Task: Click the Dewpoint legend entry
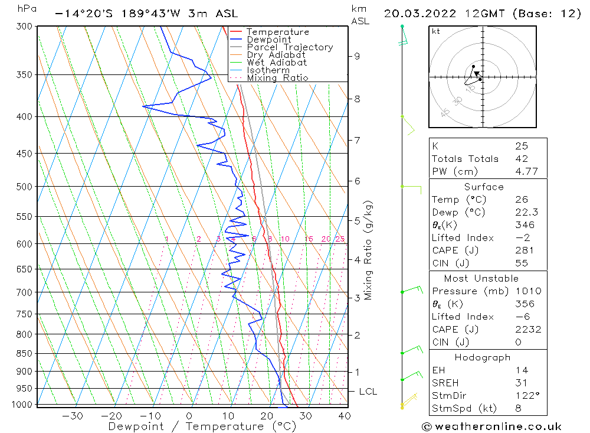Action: [x=268, y=40]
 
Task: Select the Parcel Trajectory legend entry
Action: [x=290, y=47]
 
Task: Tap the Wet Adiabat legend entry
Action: [x=277, y=63]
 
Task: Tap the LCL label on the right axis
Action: [x=368, y=392]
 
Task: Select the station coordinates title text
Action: [x=146, y=14]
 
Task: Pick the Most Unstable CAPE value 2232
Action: [x=525, y=330]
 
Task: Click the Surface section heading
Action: [x=484, y=187]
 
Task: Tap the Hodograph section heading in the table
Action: [x=483, y=358]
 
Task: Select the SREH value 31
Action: [x=522, y=383]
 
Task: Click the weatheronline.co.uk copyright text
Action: [x=492, y=427]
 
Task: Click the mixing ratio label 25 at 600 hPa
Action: [x=340, y=239]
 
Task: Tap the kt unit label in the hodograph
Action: [x=435, y=31]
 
